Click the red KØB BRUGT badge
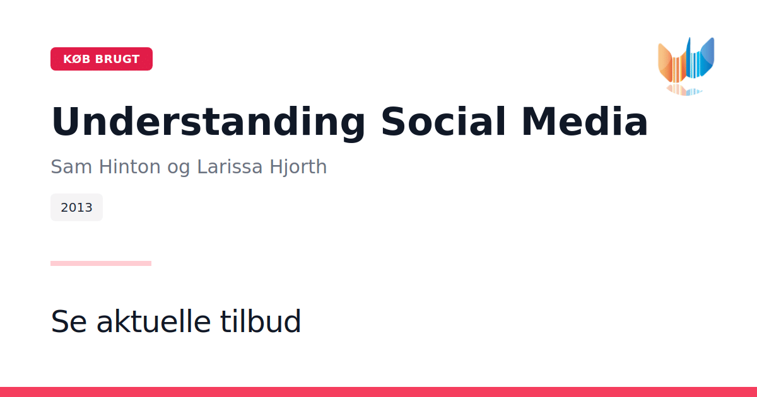coord(102,59)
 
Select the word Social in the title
coord(443,122)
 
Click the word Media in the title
coord(585,122)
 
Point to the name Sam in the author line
coord(71,167)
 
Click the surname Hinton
coord(129,167)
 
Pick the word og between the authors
coord(179,169)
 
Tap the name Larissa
coord(230,167)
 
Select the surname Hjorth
coord(298,168)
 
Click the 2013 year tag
coord(77,207)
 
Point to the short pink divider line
coord(101,263)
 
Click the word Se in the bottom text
coord(69,321)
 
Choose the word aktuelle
coord(154,321)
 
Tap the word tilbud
coord(260,321)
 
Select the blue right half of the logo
coord(701,58)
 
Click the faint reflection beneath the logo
coord(684,89)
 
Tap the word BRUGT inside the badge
coord(117,59)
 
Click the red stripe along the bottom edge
coord(378,392)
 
